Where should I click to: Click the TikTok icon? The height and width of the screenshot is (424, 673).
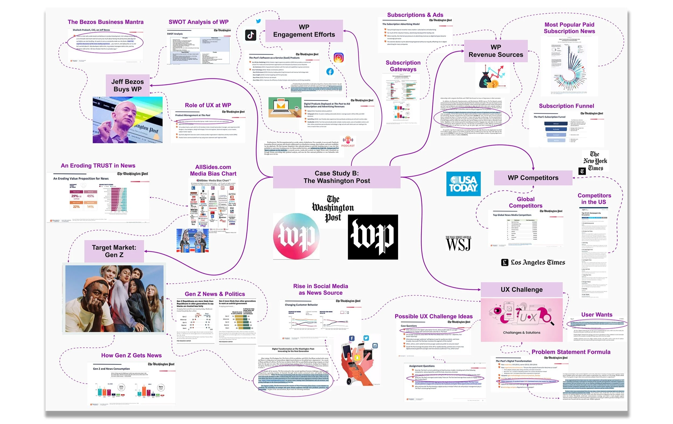[250, 35]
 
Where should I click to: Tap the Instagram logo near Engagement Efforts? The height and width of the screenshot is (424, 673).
[338, 58]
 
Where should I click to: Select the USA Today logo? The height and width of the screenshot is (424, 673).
[463, 184]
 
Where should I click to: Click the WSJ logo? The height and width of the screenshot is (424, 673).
[458, 243]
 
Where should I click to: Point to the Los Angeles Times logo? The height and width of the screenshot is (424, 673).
[533, 262]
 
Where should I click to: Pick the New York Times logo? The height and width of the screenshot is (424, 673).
[595, 161]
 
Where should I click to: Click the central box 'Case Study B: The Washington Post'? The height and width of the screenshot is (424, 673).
[336, 177]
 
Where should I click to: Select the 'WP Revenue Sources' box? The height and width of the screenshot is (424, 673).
[496, 51]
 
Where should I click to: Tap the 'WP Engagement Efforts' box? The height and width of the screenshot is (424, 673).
[304, 31]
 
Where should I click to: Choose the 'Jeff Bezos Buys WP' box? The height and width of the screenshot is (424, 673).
[127, 85]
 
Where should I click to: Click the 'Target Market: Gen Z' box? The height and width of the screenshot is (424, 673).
[114, 251]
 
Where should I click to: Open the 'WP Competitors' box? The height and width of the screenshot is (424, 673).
[533, 178]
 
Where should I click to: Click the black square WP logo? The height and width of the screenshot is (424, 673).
[373, 237]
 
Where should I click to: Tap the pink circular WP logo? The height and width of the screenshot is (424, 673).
[296, 236]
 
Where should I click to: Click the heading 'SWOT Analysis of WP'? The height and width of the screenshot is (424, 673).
[198, 22]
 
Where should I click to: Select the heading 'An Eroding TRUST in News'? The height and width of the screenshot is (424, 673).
[98, 165]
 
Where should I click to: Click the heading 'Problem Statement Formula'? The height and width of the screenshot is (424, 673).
[571, 352]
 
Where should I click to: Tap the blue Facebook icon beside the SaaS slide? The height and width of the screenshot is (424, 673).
[330, 72]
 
